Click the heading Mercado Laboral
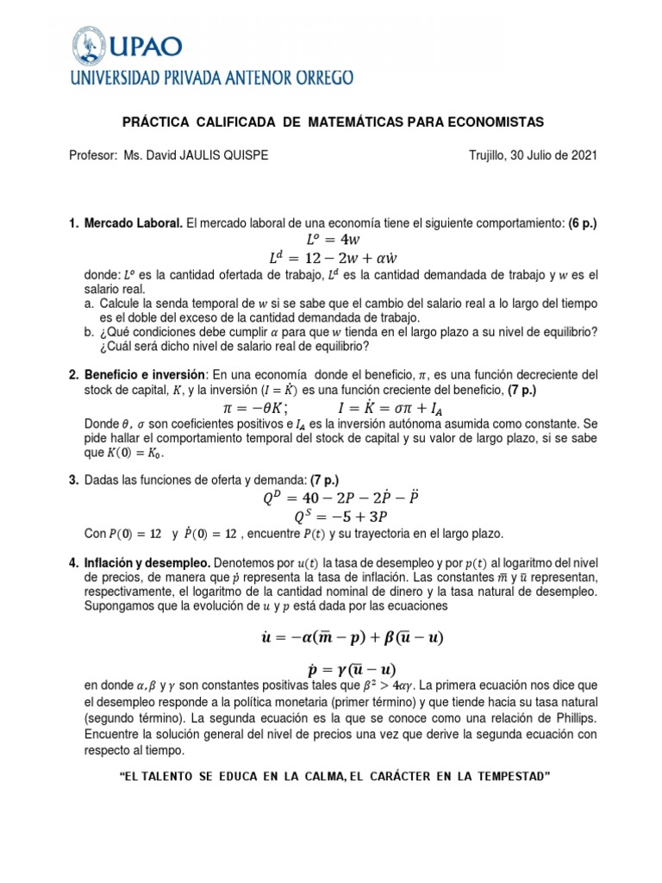pyautogui.click(x=133, y=223)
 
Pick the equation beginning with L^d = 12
pyautogui.click(x=332, y=258)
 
